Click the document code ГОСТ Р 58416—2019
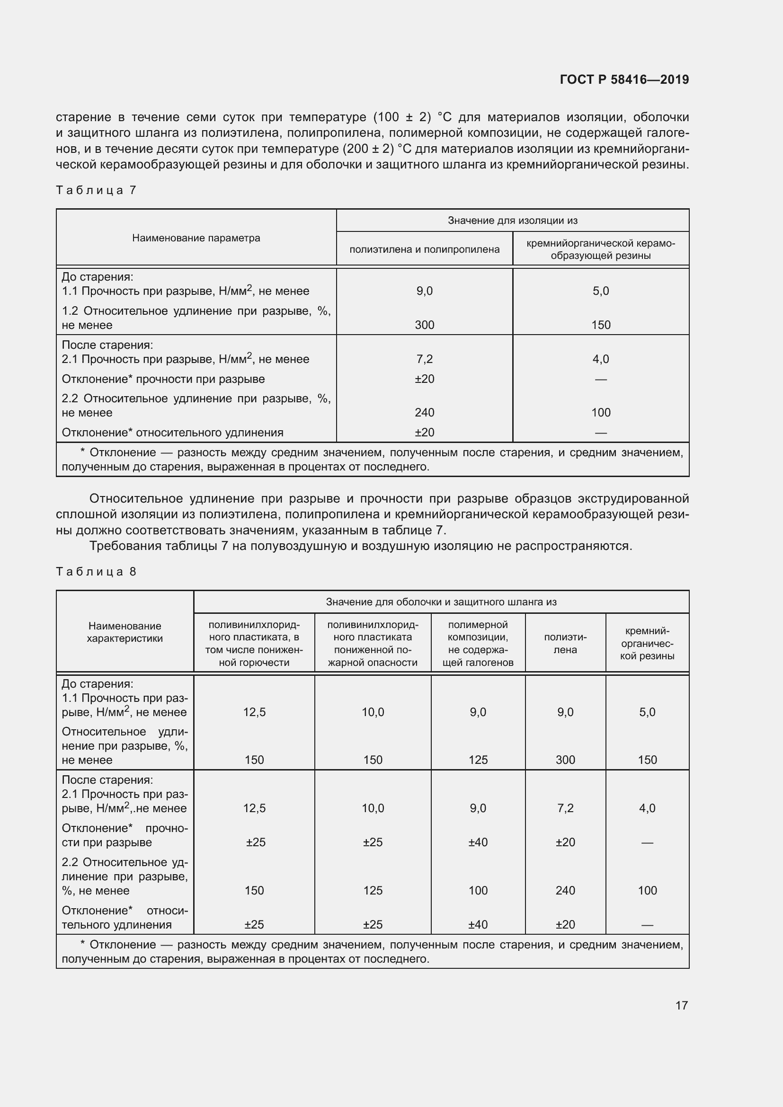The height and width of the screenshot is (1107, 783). click(x=624, y=80)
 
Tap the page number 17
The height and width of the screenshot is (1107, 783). click(x=681, y=1005)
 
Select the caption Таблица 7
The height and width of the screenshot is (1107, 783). click(x=96, y=190)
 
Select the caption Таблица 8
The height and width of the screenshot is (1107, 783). click(x=96, y=572)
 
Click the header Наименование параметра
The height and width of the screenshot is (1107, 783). click(x=196, y=238)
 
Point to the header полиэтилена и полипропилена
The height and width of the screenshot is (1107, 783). click(x=424, y=249)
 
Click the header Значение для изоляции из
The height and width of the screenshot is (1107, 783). click(x=512, y=221)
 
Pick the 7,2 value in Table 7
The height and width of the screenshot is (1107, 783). click(x=424, y=359)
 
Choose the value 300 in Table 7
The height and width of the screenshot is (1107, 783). click(x=424, y=325)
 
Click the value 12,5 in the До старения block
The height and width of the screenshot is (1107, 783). click(x=254, y=712)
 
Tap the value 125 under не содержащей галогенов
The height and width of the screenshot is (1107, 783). click(x=478, y=760)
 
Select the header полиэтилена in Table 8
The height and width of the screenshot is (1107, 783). click(x=565, y=643)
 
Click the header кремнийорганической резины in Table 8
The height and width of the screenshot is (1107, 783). click(x=647, y=643)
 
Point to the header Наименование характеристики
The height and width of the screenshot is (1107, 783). click(x=125, y=632)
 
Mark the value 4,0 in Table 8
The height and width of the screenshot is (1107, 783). click(x=647, y=808)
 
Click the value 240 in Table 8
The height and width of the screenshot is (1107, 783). click(x=565, y=891)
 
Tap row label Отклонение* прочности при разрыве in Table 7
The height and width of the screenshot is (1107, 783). click(x=163, y=379)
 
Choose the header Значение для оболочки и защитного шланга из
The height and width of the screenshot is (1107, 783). click(x=441, y=602)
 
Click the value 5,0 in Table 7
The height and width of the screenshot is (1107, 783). click(x=601, y=291)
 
